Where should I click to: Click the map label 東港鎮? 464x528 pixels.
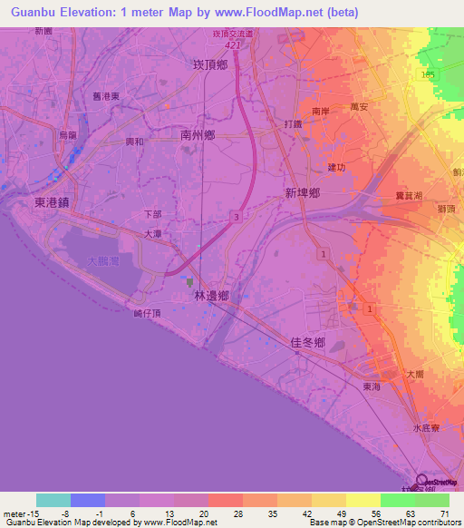coord(52,203)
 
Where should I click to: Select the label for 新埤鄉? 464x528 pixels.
coord(303,193)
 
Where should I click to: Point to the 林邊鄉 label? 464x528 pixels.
coord(210,297)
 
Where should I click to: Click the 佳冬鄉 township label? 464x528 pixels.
coord(307,342)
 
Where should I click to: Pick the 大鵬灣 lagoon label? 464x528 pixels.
coord(103,261)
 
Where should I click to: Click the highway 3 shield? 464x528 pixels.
coord(235,216)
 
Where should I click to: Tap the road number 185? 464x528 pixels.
coord(428,73)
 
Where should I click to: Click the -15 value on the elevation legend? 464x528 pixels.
coord(16,513)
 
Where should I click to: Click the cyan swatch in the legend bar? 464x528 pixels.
coord(53,500)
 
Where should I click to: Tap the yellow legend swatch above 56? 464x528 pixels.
coord(362,500)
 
